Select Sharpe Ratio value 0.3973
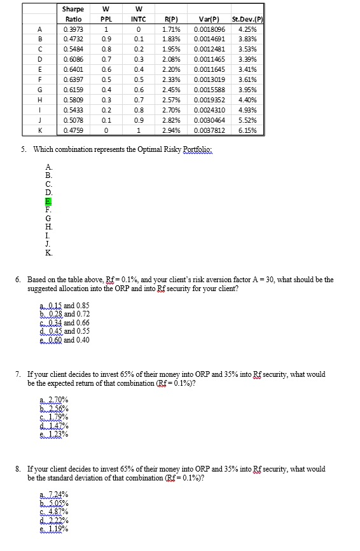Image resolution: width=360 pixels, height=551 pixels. [74, 29]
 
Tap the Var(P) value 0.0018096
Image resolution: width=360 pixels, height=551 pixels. [209, 29]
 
